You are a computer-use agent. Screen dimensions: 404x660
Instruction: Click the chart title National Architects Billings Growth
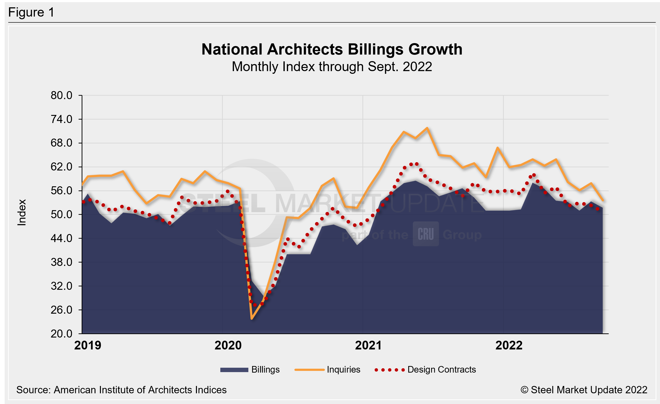(332, 49)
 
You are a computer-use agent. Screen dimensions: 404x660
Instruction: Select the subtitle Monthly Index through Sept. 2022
(332, 67)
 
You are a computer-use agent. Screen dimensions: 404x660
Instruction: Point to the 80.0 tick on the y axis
(61, 95)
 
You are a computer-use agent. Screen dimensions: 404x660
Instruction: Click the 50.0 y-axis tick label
(61, 215)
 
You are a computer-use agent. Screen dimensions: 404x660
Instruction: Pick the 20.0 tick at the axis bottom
(61, 334)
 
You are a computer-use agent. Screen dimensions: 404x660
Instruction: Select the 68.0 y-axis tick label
(61, 143)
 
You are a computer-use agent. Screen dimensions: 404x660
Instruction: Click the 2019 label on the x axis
(87, 345)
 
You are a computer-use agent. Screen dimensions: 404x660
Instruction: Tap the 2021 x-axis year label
(368, 345)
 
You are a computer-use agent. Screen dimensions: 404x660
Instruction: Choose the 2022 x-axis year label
(509, 345)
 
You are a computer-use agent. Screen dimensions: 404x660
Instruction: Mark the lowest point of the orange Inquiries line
(252, 319)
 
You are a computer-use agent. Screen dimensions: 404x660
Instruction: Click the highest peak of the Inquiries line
(427, 128)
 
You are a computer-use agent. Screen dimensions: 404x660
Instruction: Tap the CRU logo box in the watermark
(426, 234)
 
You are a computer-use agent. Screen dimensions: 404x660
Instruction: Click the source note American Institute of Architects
(121, 390)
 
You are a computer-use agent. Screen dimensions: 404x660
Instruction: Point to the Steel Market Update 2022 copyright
(584, 390)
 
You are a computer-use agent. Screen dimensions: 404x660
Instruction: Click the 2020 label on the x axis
(228, 345)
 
